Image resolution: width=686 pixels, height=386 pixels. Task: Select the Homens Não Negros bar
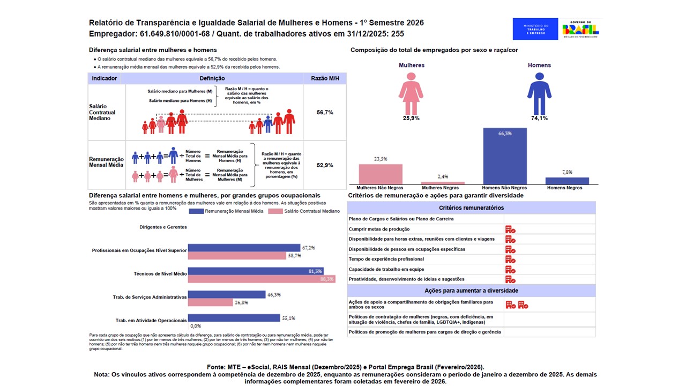pyautogui.click(x=505, y=156)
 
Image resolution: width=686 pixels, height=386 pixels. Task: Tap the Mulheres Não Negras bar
pyautogui.click(x=380, y=174)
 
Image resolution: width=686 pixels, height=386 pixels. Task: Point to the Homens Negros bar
pyautogui.click(x=567, y=181)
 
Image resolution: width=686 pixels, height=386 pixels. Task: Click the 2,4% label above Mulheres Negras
pyautogui.click(x=442, y=177)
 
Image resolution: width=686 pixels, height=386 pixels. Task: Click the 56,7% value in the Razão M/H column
pyautogui.click(x=325, y=113)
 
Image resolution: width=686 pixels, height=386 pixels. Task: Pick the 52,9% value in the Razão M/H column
pyautogui.click(x=325, y=165)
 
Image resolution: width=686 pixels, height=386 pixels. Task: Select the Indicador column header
pyautogui.click(x=105, y=78)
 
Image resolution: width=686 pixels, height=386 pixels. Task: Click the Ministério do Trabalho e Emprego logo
pyautogui.click(x=535, y=29)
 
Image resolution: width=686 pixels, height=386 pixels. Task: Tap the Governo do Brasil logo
pyautogui.click(x=580, y=29)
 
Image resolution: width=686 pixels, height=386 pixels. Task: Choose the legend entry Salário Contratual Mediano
pyautogui.click(x=304, y=211)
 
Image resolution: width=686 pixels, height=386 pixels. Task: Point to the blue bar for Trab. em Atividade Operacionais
pyautogui.click(x=234, y=318)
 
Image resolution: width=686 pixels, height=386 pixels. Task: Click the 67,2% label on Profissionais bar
pyautogui.click(x=309, y=248)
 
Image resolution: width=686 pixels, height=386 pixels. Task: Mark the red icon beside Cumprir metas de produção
pyautogui.click(x=510, y=229)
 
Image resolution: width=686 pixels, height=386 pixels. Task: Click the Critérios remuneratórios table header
pyautogui.click(x=471, y=207)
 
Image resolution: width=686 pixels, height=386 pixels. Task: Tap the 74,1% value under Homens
pyautogui.click(x=539, y=118)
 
